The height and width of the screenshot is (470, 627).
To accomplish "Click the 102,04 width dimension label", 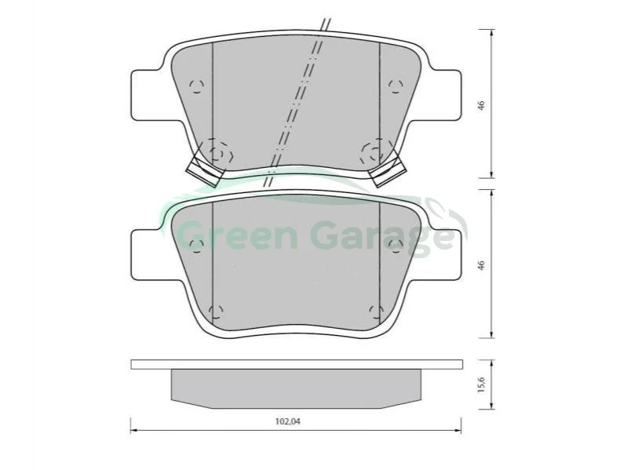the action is pos(287,421).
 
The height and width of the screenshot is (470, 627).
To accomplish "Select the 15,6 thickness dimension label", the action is pos(482,385).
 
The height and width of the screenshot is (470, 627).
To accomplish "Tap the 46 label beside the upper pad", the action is pos(482,105).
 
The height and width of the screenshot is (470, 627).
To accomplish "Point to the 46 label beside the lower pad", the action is pos(482,265).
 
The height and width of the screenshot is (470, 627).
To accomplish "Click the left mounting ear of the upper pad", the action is pos(146,95).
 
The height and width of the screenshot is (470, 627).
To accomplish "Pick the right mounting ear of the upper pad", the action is pos(446,95).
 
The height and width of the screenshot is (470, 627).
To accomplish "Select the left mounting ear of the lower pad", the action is pos(146,254).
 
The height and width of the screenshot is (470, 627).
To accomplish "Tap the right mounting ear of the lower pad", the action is pos(446,254).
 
